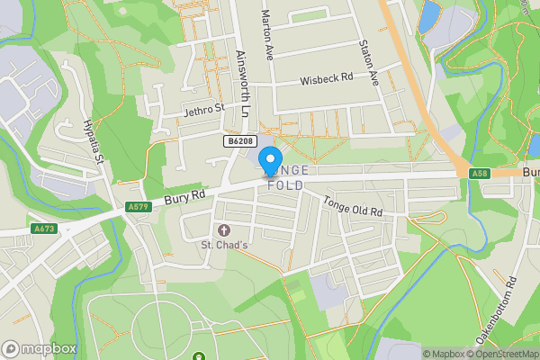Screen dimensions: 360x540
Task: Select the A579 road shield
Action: pyautogui.click(x=138, y=207)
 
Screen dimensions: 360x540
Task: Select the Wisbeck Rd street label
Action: pyautogui.click(x=325, y=78)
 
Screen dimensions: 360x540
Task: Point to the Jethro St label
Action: pyautogui.click(x=203, y=109)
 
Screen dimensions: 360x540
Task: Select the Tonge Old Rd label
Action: pyautogui.click(x=353, y=206)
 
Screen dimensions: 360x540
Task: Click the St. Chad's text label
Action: pyautogui.click(x=223, y=245)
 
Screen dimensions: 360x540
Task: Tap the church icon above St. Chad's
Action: pyautogui.click(x=223, y=231)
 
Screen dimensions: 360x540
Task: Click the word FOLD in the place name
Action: pyautogui.click(x=286, y=185)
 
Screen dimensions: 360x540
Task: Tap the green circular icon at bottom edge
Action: pyautogui.click(x=197, y=357)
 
